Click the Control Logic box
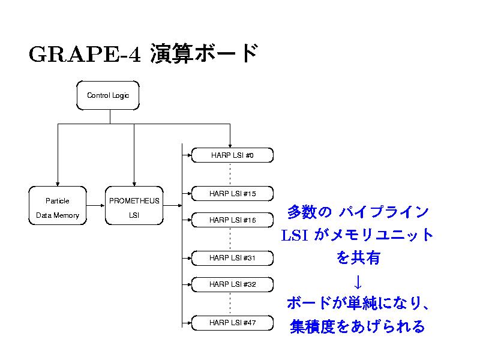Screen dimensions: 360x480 pos(108,95)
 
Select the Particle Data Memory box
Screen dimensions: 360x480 pos(58,208)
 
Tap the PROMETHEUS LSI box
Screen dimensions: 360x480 pos(134,208)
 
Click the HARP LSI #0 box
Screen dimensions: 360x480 pos(232,156)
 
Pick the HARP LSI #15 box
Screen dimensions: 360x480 pos(232,194)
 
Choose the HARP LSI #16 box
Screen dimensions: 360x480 pos(232,220)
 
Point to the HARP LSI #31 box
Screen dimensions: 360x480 pos(232,258)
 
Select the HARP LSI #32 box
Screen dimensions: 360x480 pos(232,284)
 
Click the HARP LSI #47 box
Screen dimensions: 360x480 pos(232,323)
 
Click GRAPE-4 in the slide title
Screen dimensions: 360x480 pos(84,55)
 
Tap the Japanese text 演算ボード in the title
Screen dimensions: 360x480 pos(204,53)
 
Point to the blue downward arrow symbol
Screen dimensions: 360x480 pos(357,281)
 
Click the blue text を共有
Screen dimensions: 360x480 pos(358,258)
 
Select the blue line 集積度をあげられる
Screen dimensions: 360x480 pos(358,326)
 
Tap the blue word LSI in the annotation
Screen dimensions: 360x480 pos(295,236)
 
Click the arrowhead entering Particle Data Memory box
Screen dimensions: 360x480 pos(58,184)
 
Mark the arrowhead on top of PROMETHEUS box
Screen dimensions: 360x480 pos(134,184)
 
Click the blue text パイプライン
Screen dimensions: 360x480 pos(383,212)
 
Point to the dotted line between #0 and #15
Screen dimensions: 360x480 pos(230,175)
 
